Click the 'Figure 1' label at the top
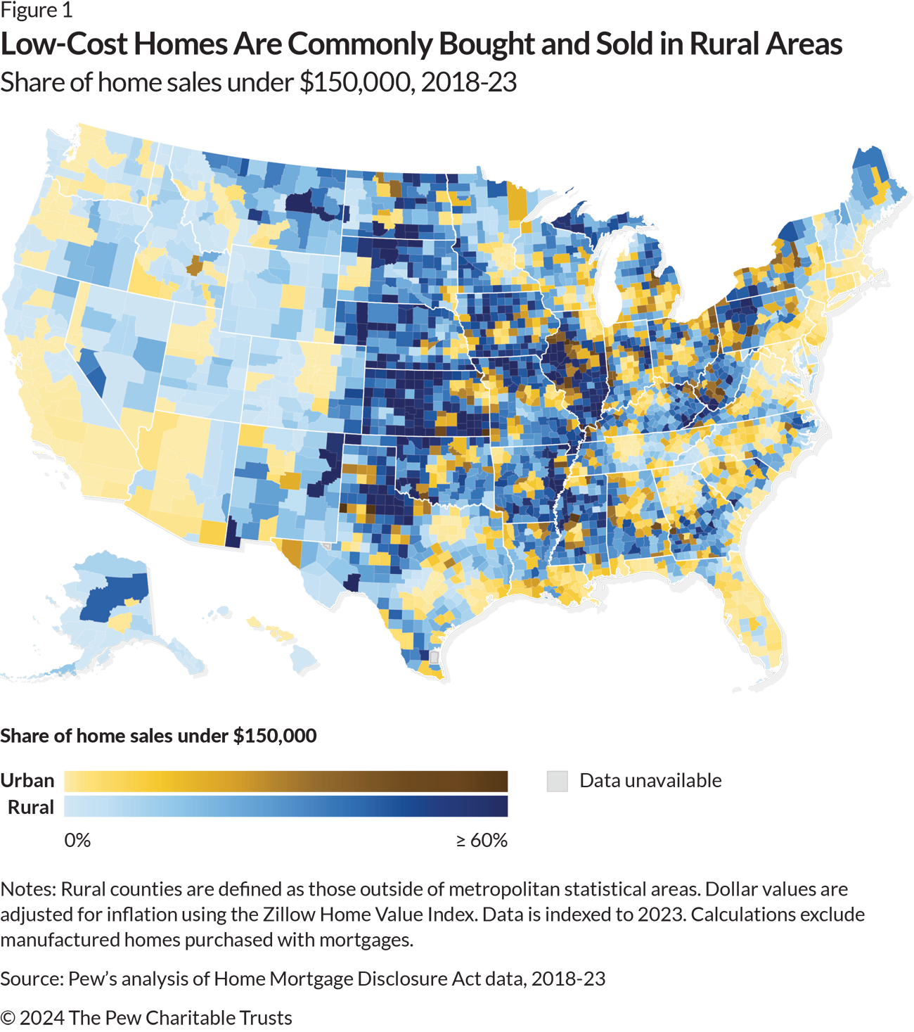(36, 11)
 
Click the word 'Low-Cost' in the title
(65, 44)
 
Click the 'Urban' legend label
(31, 781)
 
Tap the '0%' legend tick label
(77, 841)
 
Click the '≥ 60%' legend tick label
(482, 841)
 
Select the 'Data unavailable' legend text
(649, 781)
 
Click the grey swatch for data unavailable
(557, 782)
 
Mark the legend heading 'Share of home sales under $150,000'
(158, 736)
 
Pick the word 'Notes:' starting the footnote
(28, 889)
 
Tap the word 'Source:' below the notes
(31, 979)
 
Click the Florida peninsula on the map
(756, 619)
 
